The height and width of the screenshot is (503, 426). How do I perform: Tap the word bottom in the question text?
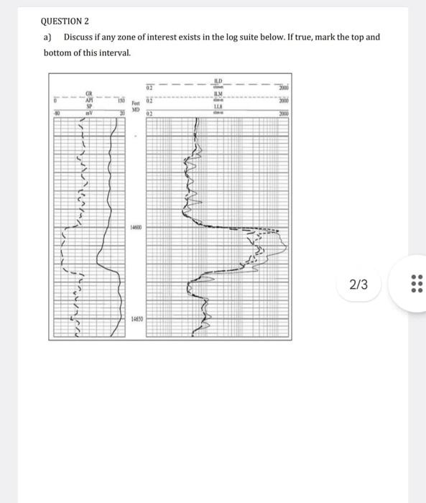point(55,52)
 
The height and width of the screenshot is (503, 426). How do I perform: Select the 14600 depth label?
point(136,226)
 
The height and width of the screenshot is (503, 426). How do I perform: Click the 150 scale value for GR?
point(121,101)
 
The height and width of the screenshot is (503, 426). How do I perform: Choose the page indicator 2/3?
point(358,285)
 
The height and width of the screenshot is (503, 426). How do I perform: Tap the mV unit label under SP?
point(89,113)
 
